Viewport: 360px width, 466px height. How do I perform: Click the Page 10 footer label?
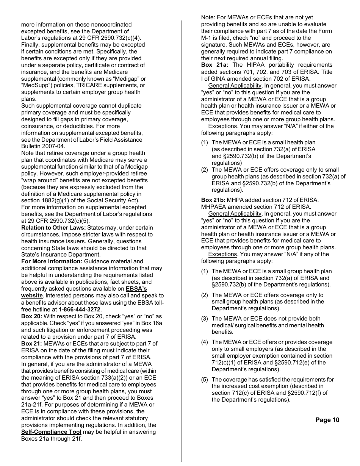[327, 420]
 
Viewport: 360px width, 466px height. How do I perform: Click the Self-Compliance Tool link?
[51, 432]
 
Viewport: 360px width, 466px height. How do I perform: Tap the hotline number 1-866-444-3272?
[80, 309]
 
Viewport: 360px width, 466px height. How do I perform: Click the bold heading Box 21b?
[213, 200]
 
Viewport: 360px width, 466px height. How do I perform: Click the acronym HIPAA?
[261, 65]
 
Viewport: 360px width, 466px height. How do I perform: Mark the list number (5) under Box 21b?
[205, 379]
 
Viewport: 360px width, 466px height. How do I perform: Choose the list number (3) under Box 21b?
[205, 319]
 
